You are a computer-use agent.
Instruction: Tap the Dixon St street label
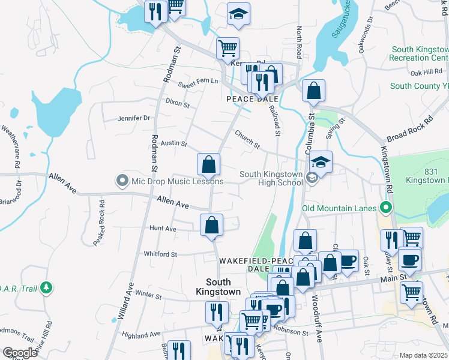pos(178,104)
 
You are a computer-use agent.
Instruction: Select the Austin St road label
pos(175,144)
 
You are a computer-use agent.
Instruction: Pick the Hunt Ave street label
pos(163,229)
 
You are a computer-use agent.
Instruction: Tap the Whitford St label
pos(160,254)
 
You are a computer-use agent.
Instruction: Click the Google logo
pos(20,353)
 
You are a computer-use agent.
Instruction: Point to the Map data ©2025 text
pos(423,355)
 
